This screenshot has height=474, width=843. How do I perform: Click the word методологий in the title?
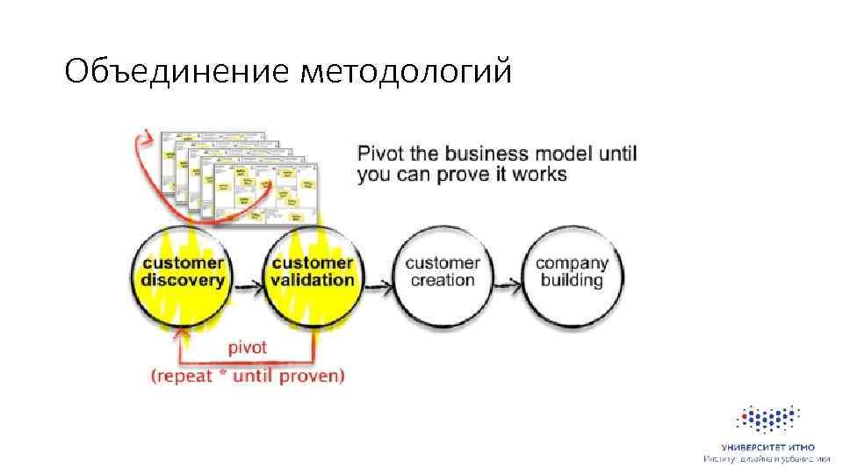pos(405,71)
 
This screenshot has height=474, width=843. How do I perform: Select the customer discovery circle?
pos(184,271)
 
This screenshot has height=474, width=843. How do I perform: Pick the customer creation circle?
pos(443,271)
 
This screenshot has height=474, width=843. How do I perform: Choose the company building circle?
pos(572,271)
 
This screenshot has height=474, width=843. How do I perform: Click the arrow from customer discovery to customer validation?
pos(249,284)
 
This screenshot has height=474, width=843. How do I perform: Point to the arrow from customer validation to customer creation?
pos(378,284)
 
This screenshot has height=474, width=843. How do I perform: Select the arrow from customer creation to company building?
pos(508,284)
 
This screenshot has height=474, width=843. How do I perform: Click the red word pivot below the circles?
pos(248,348)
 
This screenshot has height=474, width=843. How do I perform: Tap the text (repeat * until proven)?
pos(248,376)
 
